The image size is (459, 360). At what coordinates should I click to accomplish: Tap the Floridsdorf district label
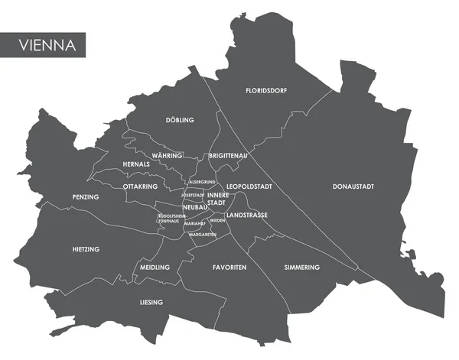point(265,90)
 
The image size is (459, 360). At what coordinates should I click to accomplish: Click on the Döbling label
point(180,120)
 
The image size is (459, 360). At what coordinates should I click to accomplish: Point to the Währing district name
point(167,155)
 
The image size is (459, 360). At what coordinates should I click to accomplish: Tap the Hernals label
point(135,164)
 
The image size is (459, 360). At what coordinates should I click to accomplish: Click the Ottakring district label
point(140,186)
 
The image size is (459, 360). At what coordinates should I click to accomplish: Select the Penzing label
point(86,197)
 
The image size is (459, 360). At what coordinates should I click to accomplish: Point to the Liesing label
point(151,303)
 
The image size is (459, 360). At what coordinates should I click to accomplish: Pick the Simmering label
point(301,268)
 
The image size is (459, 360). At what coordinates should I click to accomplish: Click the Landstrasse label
point(247,216)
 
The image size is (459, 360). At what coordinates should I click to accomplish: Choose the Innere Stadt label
point(218,199)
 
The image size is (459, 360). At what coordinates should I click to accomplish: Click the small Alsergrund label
point(201,182)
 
